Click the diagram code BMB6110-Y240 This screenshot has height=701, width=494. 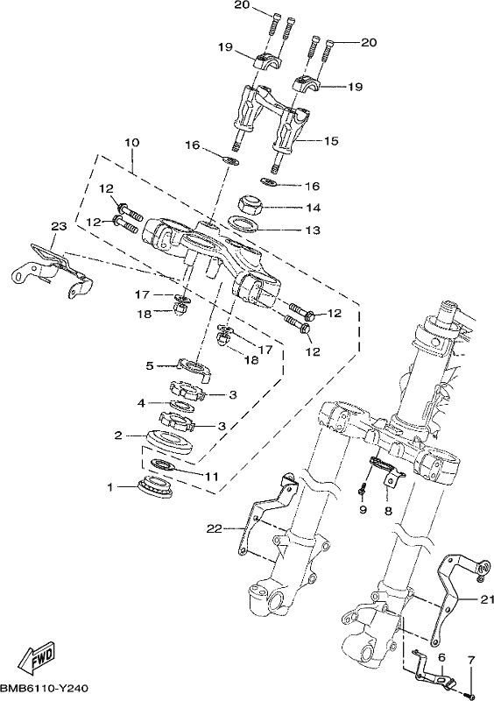45,689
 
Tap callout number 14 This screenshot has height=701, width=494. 314,208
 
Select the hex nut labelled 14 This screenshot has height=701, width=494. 249,205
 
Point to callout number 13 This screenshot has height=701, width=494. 314,230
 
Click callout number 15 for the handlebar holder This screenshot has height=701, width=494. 331,141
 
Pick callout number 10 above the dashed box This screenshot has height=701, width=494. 132,143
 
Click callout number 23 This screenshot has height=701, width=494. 59,226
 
